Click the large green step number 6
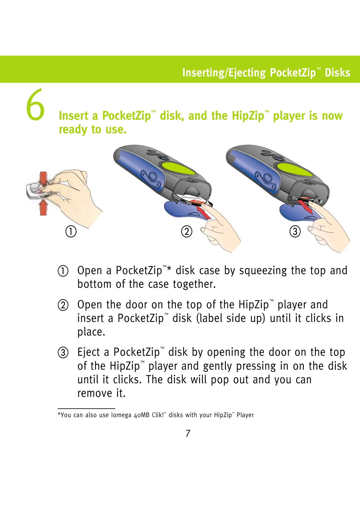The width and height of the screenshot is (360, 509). [35, 105]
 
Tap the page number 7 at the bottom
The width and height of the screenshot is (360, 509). [188, 433]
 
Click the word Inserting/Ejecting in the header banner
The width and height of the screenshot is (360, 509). [224, 73]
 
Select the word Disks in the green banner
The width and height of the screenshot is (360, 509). [337, 73]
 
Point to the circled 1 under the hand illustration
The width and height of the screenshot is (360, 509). [71, 232]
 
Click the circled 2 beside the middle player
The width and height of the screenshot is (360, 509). [186, 232]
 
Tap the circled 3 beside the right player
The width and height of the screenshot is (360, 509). [295, 232]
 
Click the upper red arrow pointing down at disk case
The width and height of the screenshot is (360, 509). [43, 179]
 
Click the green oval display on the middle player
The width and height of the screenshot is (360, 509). [178, 168]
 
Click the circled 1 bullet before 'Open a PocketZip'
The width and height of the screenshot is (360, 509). [63, 271]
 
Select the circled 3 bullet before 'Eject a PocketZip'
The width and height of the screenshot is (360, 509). [63, 352]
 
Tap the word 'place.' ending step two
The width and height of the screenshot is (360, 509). [91, 332]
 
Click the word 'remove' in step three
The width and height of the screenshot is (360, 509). [95, 393]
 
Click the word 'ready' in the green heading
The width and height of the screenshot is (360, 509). [73, 130]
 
